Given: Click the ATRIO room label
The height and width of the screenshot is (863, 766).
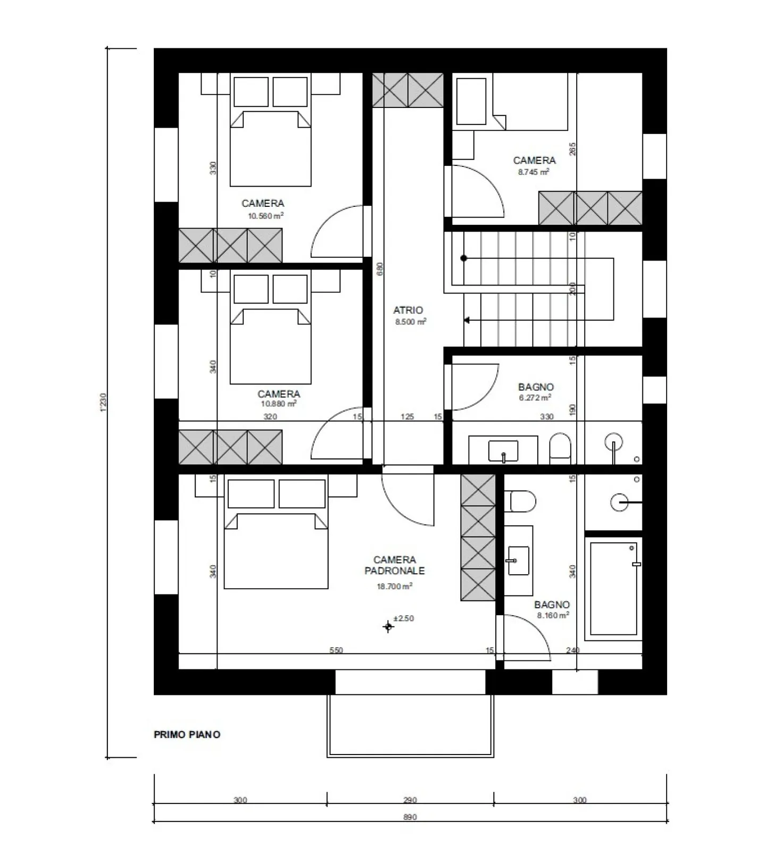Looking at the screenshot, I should coord(408,310).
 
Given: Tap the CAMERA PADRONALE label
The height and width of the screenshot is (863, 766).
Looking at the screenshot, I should coord(394,565).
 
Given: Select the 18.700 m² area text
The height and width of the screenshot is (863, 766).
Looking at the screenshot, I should coord(394,586).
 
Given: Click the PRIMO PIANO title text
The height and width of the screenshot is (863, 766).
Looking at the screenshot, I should coord(187,734).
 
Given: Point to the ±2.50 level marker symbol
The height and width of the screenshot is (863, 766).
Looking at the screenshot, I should coord(388,627).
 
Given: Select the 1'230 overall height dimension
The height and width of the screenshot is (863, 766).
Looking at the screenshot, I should coord(104,403).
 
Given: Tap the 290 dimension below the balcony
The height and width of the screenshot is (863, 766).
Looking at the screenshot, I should coord(410,800).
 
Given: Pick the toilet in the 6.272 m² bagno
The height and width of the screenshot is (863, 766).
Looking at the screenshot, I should coord(560,446).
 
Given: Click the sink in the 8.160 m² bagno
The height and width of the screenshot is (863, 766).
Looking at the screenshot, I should coord(518,560).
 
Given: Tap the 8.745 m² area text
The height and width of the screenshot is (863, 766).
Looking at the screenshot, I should coord(534,172).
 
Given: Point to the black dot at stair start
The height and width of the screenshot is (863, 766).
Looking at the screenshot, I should coord(464,258).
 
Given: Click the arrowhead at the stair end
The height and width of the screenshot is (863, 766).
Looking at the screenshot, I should coord(467,320).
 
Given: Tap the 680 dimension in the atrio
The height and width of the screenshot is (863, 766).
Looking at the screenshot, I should coord(380,269).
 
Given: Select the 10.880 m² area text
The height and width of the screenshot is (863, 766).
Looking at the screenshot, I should coord(278,404).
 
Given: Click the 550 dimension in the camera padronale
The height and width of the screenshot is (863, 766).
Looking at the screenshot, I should coord(336,650).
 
